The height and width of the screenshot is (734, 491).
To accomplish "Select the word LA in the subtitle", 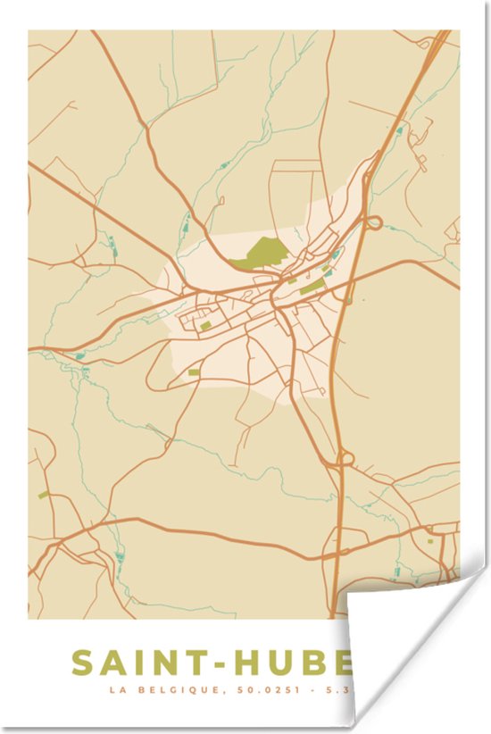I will point(116,690).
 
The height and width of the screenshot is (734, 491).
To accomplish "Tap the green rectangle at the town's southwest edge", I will point(194,371).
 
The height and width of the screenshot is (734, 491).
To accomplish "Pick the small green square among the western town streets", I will point(204,326).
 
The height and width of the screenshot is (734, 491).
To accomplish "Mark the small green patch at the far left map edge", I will point(42,494).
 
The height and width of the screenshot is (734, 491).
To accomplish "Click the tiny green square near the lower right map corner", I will point(429,540).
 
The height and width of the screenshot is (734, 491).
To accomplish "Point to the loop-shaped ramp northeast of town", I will point(374,222).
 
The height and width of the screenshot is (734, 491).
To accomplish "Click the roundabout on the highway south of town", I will point(344,460).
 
